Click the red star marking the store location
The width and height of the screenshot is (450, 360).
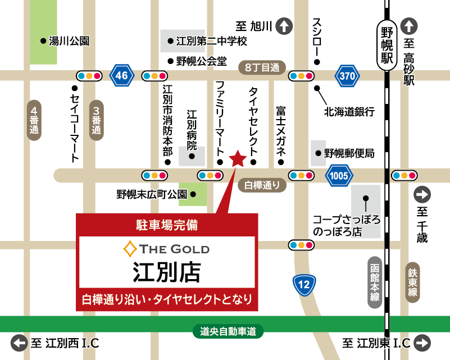[238, 159]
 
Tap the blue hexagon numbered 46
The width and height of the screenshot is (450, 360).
[122, 75]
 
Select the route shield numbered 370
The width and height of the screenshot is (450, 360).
[347, 75]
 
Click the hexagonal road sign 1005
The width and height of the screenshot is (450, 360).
[339, 175]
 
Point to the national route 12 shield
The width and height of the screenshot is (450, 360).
[304, 285]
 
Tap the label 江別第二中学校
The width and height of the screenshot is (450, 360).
[211, 41]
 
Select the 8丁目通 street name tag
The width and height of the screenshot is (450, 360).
[262, 67]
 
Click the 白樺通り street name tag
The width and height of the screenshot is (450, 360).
[262, 184]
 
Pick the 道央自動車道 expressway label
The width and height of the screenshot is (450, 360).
[228, 332]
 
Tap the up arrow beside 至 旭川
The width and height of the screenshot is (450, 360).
[284, 26]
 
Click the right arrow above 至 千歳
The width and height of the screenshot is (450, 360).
[422, 195]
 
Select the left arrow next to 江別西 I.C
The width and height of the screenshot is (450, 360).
[20, 343]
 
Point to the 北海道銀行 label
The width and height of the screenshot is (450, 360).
[349, 112]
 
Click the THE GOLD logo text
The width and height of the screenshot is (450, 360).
[167, 248]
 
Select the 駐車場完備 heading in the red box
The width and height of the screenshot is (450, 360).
[167, 225]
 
